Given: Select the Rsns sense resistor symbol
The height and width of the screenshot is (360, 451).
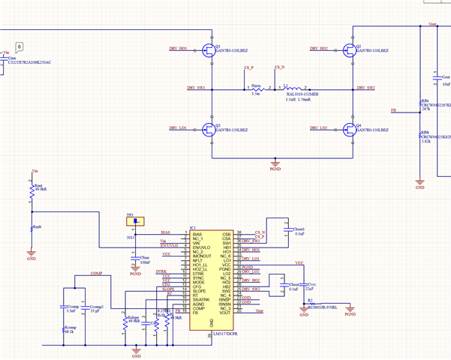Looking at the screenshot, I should coord(256,88).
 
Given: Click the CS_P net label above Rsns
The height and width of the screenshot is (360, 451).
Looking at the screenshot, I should coord(248,68).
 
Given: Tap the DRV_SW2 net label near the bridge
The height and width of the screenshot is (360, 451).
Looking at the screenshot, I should coord(366,88).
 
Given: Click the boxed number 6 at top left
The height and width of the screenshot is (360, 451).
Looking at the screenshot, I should coord(20,47).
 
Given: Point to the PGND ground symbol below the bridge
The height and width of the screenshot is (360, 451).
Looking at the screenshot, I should coord(275,163).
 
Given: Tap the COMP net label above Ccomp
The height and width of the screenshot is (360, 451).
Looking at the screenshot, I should coord(96,274).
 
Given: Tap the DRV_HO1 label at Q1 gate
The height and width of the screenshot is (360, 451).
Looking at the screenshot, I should coord(178,48).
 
